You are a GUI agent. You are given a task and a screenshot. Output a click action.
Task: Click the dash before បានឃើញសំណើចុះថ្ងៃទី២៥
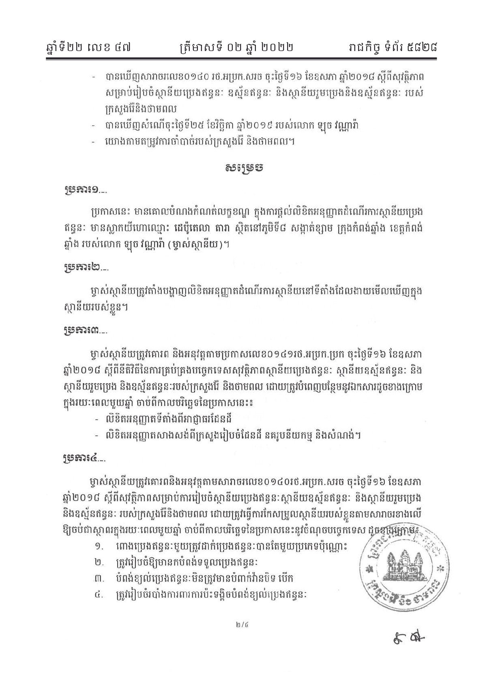point(94,126)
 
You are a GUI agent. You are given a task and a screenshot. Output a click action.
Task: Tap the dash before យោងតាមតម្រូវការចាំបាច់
point(94,142)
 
